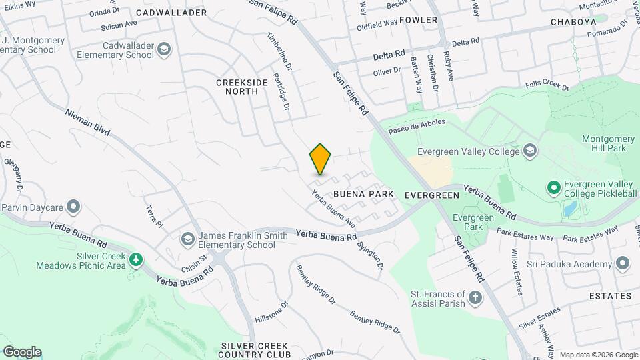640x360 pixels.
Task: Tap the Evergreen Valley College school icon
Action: pos(530,151)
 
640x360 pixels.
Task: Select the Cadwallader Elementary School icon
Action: pos(165,50)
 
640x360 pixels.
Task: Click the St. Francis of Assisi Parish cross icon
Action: pos(475,297)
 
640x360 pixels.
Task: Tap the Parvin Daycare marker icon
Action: pos(73,205)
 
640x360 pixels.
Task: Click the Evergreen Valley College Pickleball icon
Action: pos(553,189)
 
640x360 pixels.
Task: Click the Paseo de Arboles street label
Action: pos(417,125)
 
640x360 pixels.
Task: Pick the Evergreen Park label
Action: pos(473,222)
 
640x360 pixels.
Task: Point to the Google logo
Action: pos(22,351)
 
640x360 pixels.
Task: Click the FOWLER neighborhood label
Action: pos(419,20)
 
